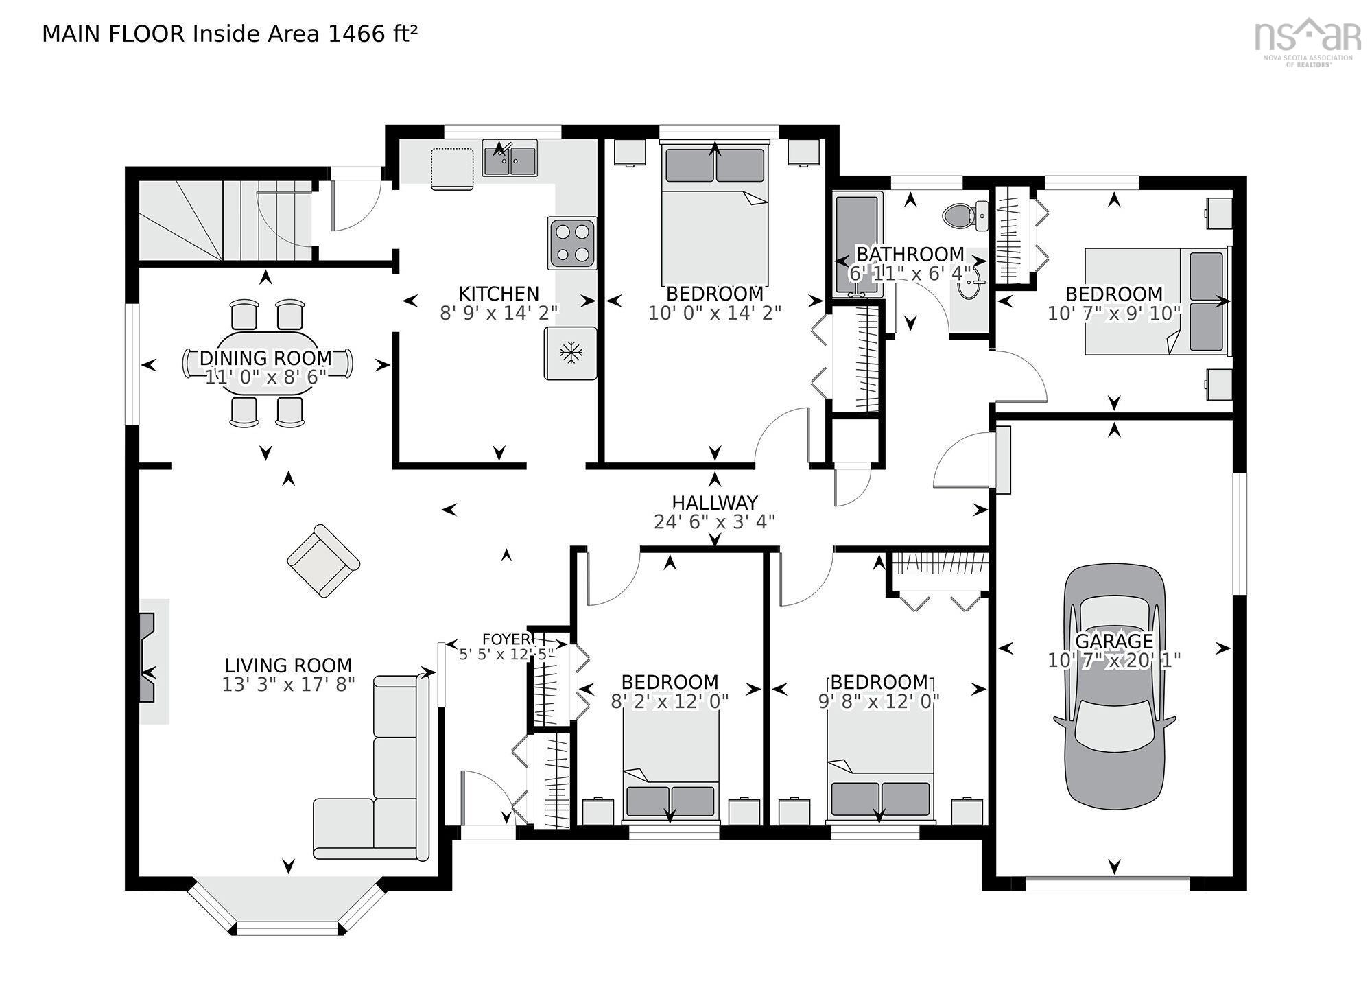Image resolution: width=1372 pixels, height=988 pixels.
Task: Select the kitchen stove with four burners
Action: (x=572, y=243)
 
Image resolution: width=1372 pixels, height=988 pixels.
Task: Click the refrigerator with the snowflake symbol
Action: (x=571, y=353)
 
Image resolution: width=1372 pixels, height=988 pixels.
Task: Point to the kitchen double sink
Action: (x=510, y=158)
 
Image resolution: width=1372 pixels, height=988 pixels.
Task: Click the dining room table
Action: (x=268, y=363)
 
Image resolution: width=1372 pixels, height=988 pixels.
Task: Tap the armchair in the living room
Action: (x=323, y=561)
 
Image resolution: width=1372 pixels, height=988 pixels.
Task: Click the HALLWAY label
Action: (x=715, y=502)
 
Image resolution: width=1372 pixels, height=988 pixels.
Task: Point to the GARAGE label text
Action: (x=1114, y=642)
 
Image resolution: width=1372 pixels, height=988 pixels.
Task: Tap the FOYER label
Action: (x=506, y=639)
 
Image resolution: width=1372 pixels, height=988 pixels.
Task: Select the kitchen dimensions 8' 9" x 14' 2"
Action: (x=499, y=313)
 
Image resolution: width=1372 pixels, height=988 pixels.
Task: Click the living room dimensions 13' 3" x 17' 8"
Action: (x=288, y=684)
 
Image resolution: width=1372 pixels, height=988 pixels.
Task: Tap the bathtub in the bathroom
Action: (x=858, y=245)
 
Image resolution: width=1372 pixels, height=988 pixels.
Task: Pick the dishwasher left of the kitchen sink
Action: (x=452, y=167)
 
